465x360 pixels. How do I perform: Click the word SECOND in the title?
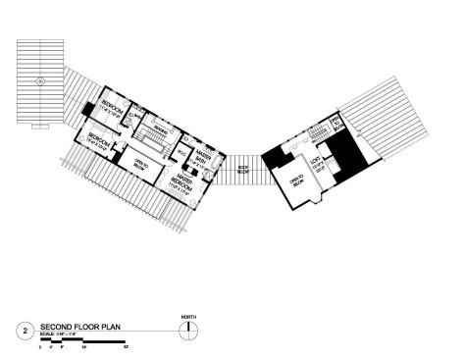click(55, 327)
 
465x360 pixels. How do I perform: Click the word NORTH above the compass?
click(183, 316)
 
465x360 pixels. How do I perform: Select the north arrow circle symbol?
click(183, 331)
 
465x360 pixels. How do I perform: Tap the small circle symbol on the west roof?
click(38, 81)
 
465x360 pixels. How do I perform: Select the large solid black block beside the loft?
click(345, 151)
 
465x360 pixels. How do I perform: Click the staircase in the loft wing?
click(316, 133)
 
